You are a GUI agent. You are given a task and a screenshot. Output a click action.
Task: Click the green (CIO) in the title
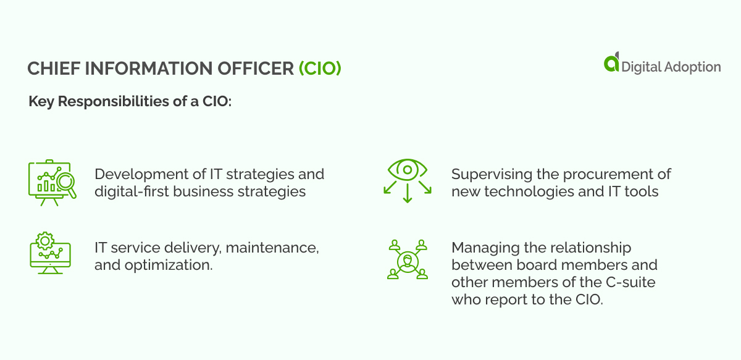pyautogui.click(x=320, y=69)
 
